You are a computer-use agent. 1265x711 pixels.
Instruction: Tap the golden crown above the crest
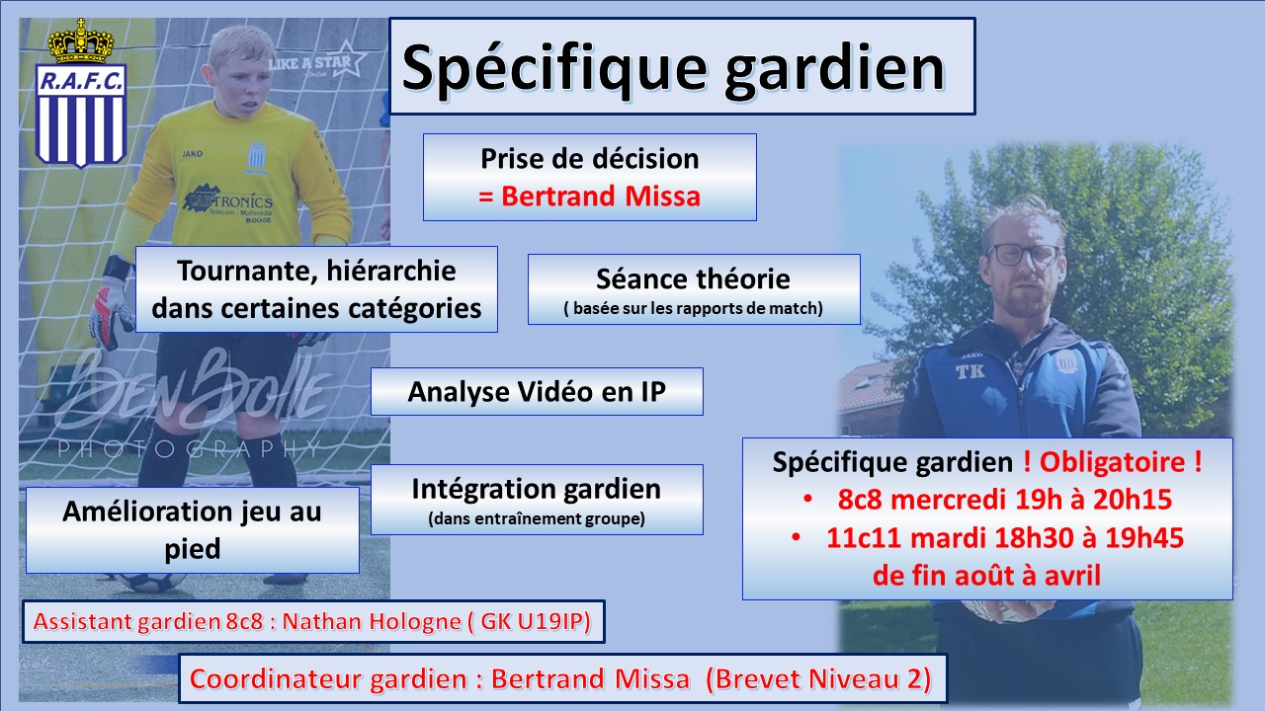pos(81,41)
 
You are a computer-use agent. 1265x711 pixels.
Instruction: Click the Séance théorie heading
pos(693,278)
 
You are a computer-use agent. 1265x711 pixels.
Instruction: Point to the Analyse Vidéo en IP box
pos(537,392)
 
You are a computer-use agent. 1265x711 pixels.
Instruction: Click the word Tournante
pos(244,272)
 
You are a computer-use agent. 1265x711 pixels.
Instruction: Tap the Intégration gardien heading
pos(537,489)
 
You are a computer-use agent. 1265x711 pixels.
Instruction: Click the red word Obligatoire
pos(1112,461)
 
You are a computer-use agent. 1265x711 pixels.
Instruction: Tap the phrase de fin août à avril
pos(986,576)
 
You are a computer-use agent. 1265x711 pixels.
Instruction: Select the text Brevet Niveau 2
pos(818,678)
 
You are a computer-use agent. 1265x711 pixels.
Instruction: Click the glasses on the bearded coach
pos(1023,255)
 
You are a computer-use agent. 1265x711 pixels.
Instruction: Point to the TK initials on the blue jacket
pos(970,371)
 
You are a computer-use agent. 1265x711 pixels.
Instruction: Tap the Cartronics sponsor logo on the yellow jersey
pos(228,202)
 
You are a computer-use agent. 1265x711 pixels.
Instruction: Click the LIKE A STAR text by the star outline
pos(309,62)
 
